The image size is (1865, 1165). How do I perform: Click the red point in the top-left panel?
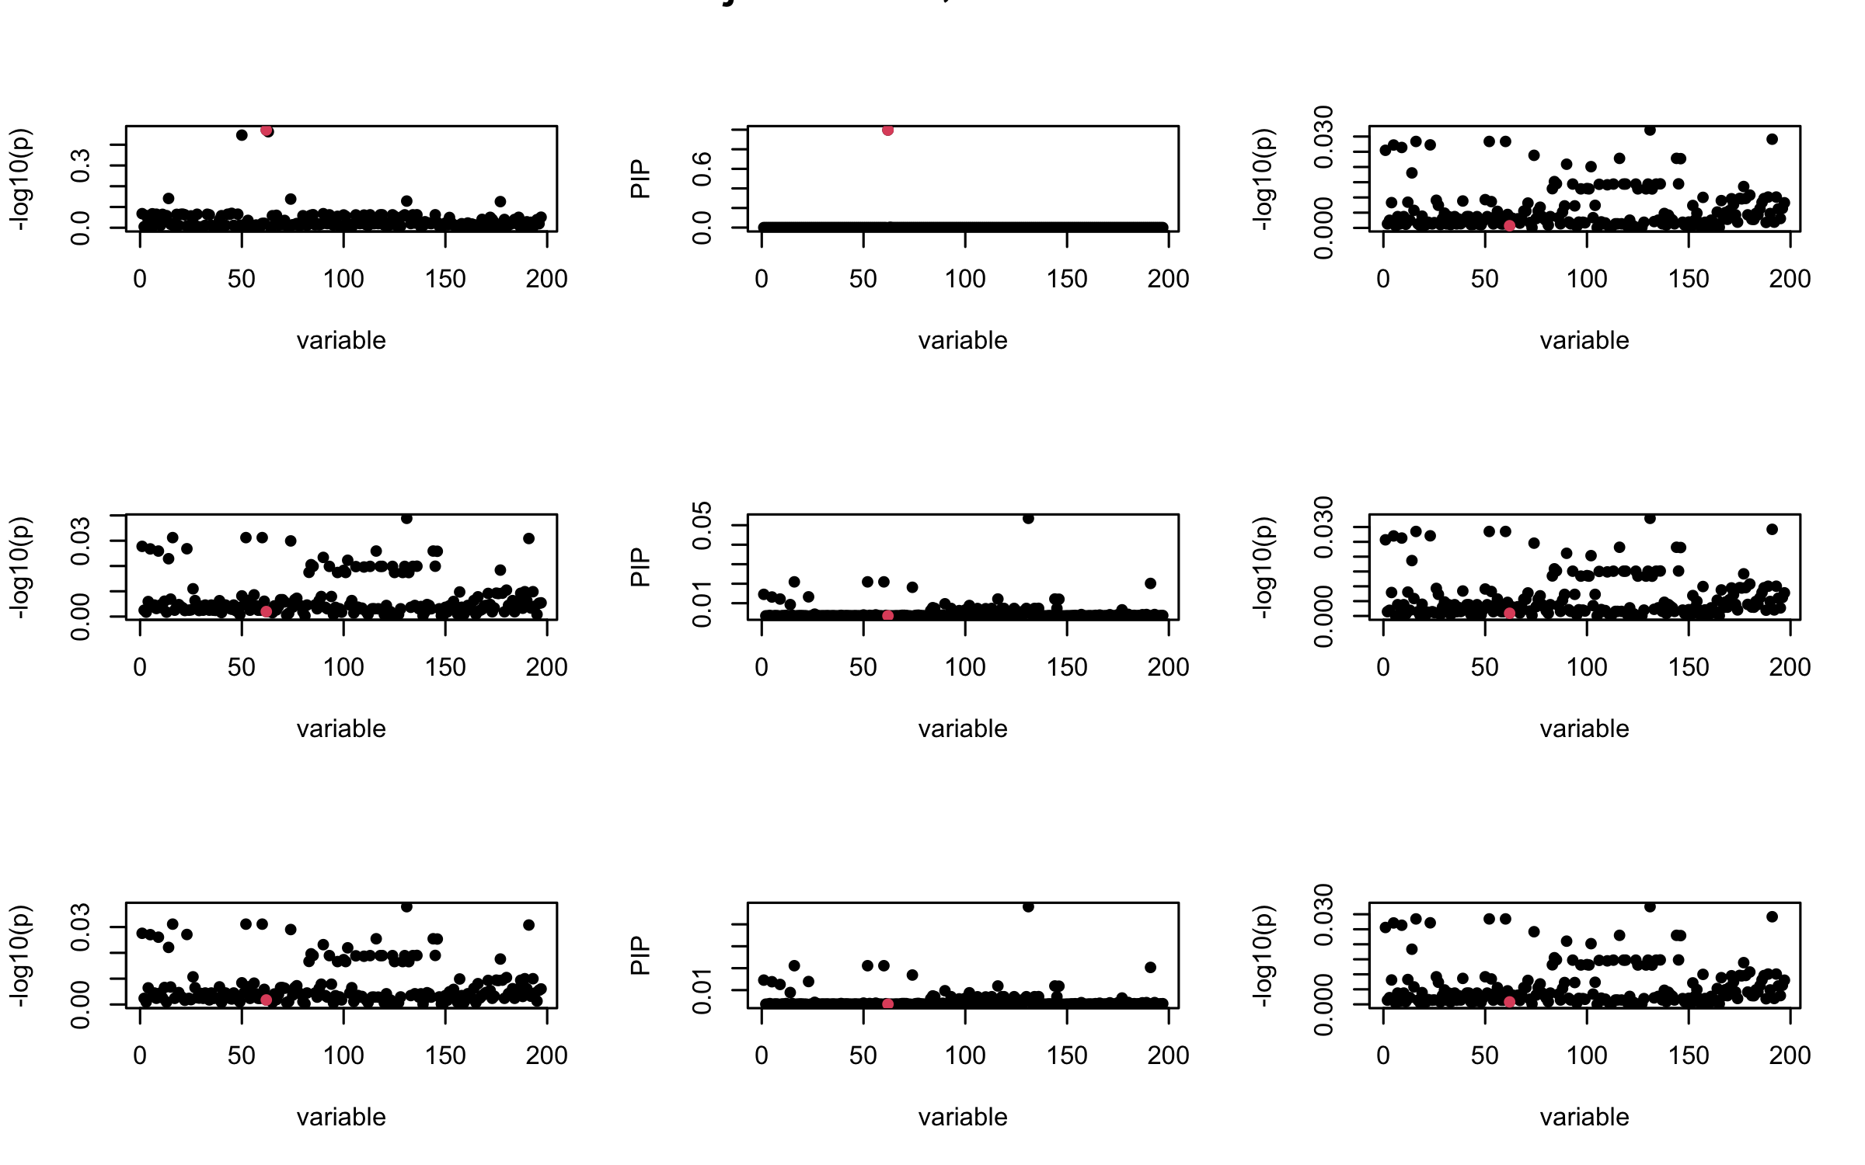[267, 130]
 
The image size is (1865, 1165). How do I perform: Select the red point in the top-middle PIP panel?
[887, 130]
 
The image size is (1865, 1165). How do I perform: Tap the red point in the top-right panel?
[1509, 225]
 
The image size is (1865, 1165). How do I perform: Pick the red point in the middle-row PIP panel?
[887, 615]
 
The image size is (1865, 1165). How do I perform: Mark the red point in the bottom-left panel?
[267, 1000]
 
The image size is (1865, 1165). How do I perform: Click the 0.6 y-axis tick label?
[702, 169]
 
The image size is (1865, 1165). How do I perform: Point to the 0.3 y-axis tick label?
[80, 165]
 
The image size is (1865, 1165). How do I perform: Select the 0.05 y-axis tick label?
[702, 525]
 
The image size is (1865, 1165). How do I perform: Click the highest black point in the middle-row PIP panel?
[1028, 519]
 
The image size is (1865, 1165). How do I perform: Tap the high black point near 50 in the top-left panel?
[242, 135]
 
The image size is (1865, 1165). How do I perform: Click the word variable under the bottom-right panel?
[1584, 1117]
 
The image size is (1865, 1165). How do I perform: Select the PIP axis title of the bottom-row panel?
[640, 955]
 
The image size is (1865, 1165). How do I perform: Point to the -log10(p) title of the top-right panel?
[1261, 179]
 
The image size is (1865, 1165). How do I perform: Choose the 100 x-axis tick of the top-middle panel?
[965, 278]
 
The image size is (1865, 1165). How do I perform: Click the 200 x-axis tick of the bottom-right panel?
[1790, 1055]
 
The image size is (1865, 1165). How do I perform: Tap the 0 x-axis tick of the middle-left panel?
[140, 666]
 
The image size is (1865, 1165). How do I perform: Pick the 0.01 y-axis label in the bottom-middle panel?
[702, 991]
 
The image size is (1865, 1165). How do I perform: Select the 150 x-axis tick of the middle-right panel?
[1689, 666]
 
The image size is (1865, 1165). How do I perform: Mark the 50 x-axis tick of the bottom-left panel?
[242, 1055]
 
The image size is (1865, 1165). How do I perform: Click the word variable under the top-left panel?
[341, 340]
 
